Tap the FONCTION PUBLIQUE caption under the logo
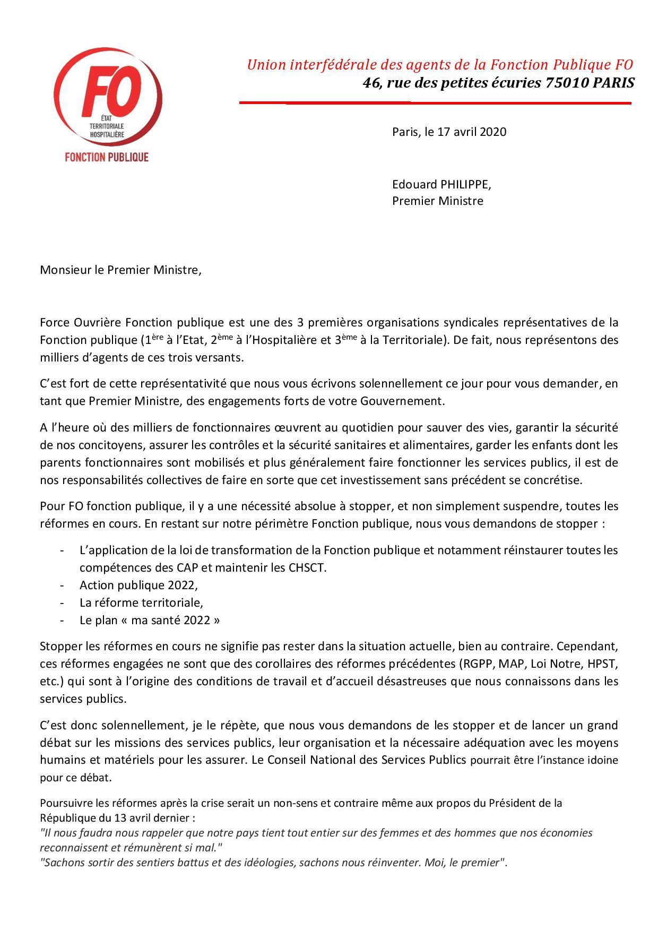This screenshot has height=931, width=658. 106,157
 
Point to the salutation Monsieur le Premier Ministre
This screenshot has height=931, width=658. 121,270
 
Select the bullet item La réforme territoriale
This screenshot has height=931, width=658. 141,602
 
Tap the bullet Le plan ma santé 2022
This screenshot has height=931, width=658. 149,620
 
